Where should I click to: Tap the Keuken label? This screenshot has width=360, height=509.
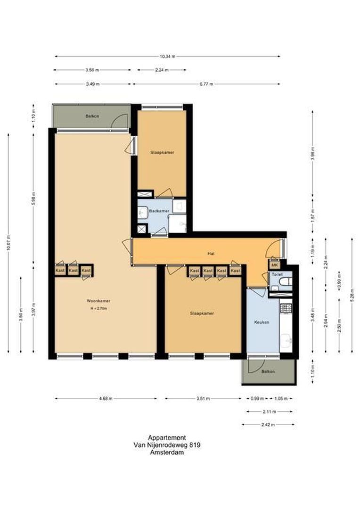(262, 322)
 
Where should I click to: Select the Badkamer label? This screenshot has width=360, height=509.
(159, 211)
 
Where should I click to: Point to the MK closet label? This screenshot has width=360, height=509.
(274, 265)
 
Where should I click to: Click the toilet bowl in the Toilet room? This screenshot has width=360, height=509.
(285, 281)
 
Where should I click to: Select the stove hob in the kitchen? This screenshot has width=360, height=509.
(286, 308)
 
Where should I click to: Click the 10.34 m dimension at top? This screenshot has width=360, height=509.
(167, 57)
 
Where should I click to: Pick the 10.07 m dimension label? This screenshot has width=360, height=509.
(8, 243)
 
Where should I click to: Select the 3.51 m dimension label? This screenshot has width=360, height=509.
(203, 399)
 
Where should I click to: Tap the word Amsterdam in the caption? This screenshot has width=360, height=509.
(167, 452)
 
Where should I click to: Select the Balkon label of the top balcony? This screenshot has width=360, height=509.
(92, 116)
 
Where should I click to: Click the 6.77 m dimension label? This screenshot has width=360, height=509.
(206, 84)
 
